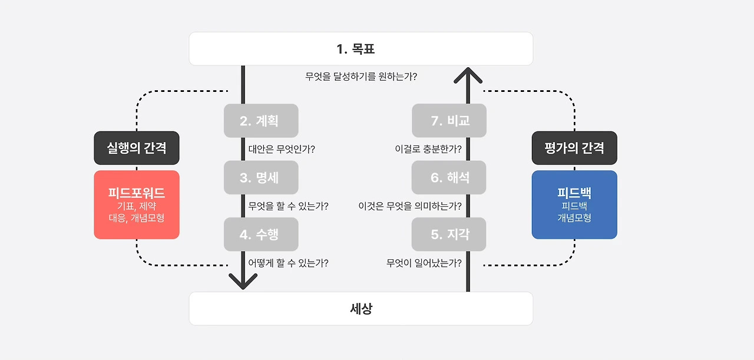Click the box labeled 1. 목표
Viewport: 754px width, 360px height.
pos(361,49)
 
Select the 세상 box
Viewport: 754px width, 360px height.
pos(361,308)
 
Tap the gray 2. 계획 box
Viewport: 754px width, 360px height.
pos(261,121)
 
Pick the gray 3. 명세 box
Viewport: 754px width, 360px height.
pos(261,177)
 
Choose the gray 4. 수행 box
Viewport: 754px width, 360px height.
pos(261,235)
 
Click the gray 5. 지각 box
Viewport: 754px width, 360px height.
pos(449,235)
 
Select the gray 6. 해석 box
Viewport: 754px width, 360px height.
pos(449,177)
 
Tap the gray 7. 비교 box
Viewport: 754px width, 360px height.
pos(449,121)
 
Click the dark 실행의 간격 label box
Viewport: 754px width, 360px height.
pos(137,148)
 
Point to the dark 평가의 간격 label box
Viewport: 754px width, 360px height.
pos(574,148)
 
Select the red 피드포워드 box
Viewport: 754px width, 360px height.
pos(137,204)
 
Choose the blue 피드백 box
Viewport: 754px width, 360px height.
pos(574,204)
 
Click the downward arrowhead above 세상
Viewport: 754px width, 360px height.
pos(243,281)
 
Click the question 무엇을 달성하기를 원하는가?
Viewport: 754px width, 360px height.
pos(361,77)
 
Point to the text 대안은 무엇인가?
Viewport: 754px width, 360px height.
pos(282,149)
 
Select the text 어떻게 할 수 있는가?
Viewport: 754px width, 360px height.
pos(288,263)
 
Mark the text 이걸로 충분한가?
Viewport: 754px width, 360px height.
pos(428,149)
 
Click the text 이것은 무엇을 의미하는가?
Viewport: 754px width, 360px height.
pos(410,206)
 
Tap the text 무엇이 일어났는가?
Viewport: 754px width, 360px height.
pos(424,263)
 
